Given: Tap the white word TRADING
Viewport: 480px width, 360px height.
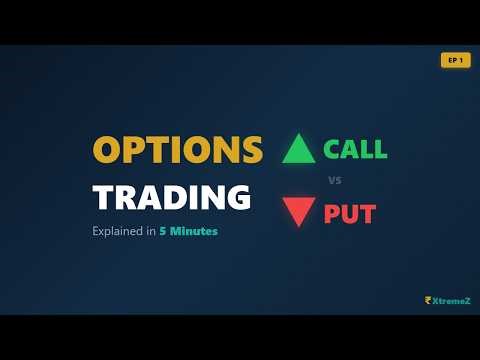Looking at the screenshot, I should [171, 196].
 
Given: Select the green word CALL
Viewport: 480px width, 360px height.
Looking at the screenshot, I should [354, 149].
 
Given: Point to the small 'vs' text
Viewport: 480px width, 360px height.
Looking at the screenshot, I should [335, 181].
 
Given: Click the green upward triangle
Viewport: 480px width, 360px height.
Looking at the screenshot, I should [299, 149].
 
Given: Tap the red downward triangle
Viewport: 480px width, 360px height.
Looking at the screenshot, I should [299, 213].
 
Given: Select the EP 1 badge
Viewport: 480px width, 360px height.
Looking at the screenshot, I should [455, 60].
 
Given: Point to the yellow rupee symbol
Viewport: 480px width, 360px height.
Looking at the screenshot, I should [427, 298].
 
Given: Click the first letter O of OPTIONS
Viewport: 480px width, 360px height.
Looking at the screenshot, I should [108, 150].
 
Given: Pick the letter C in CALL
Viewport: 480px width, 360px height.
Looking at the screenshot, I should [332, 149].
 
